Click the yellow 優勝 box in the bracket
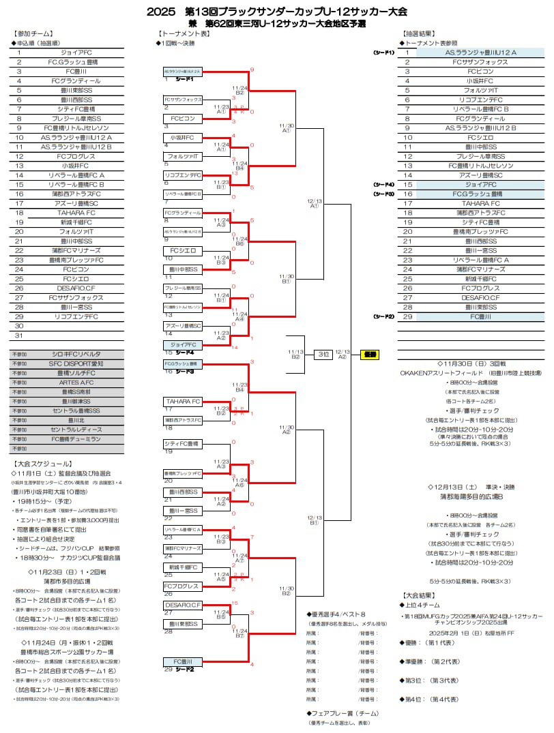coord(370,355)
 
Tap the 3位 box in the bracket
coord(323,355)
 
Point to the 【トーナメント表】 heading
coord(184,33)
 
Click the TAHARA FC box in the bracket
coord(183,401)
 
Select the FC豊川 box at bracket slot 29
coord(183,662)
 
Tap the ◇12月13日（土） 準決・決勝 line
coord(471,488)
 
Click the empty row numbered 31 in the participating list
coord(67,335)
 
